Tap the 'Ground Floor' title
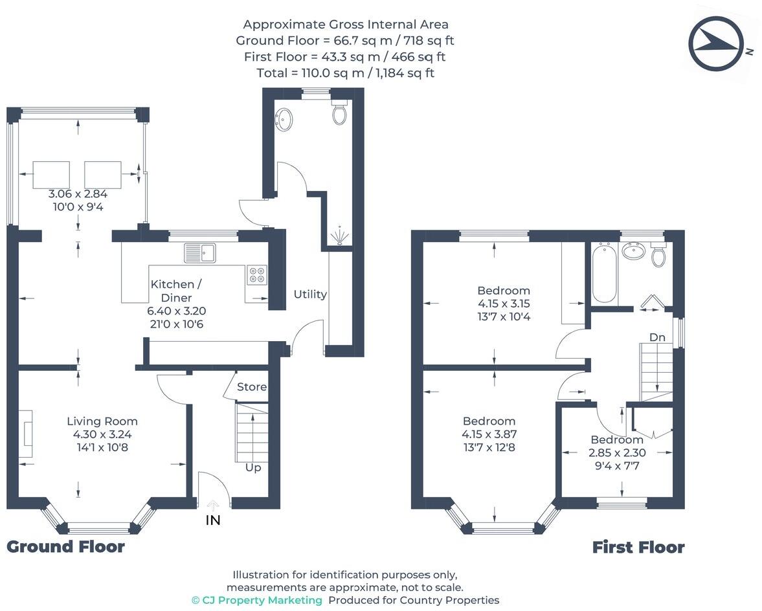click(65, 547)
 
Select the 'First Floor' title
click(638, 548)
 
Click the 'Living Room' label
click(102, 421)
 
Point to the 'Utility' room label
click(310, 294)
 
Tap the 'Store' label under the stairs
click(251, 387)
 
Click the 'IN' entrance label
click(213, 520)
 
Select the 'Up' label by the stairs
click(252, 467)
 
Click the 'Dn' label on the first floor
click(658, 337)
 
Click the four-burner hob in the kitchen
click(256, 275)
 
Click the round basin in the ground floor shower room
click(284, 120)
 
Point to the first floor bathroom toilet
click(658, 256)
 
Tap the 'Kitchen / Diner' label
click(172, 291)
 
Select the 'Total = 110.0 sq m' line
click(345, 72)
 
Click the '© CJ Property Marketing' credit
click(256, 600)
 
